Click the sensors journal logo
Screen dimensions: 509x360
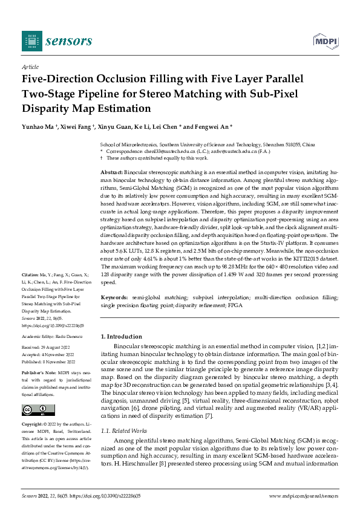57,41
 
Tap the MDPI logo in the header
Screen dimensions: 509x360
324,41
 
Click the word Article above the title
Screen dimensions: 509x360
30,67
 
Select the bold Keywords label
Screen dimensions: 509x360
114,298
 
